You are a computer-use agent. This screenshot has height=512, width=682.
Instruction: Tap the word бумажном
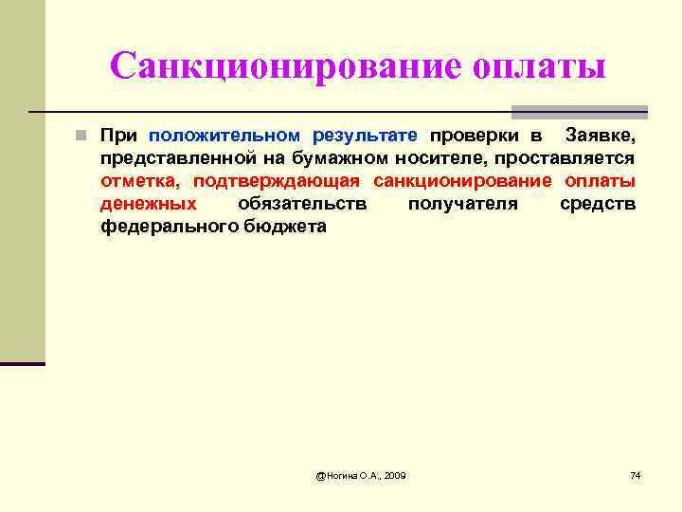310,157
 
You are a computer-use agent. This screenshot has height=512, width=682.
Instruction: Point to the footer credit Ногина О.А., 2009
360,474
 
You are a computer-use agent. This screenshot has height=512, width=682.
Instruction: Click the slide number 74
635,474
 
